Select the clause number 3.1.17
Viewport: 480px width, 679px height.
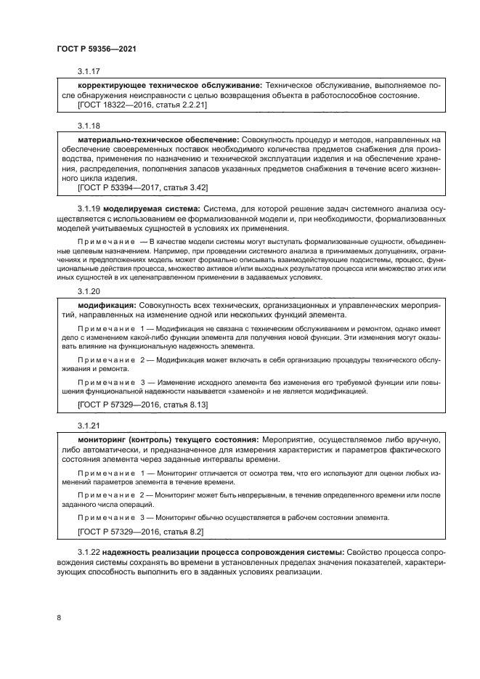coord(89,71)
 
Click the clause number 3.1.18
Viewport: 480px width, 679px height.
coord(89,125)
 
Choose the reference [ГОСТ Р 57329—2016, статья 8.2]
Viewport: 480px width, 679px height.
coord(140,532)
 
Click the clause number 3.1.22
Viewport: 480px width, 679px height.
coord(89,553)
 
